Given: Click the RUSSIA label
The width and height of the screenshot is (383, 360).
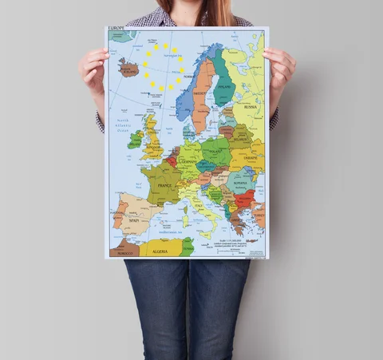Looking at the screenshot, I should pos(251,105).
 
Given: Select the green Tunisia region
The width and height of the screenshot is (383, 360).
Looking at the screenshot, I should pos(188,244).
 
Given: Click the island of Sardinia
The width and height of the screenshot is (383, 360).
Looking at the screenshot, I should pos(185,220).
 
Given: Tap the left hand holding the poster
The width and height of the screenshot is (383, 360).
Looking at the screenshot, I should pos(93,70).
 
